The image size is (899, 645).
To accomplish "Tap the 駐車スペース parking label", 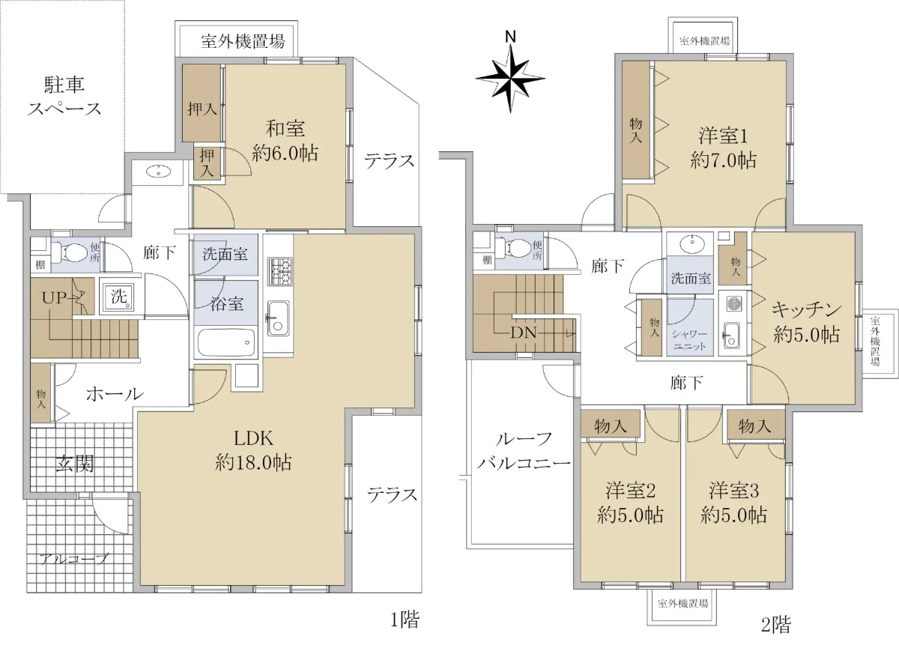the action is pyautogui.click(x=64, y=97).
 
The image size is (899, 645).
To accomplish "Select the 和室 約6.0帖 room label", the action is pyautogui.click(x=285, y=141).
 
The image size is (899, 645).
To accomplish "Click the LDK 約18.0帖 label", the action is pyautogui.click(x=253, y=451).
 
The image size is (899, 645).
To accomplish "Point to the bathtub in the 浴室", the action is pyautogui.click(x=227, y=343).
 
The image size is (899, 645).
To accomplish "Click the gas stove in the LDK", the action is pyautogui.click(x=280, y=271).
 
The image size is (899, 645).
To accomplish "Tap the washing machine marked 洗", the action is pyautogui.click(x=118, y=297).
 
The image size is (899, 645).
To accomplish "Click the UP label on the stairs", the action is pyautogui.click(x=54, y=298).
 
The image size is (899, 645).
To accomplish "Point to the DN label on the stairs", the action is pyautogui.click(x=524, y=333).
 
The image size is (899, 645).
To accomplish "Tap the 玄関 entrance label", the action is pyautogui.click(x=75, y=464).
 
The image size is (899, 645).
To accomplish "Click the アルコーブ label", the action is pyautogui.click(x=74, y=559).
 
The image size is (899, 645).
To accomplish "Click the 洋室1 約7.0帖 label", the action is pyautogui.click(x=723, y=148).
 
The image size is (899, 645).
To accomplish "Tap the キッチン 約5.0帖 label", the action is pyautogui.click(x=806, y=322).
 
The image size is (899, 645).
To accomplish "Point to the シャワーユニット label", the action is pyautogui.click(x=689, y=339).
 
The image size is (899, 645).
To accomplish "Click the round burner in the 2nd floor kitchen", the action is pyautogui.click(x=733, y=303).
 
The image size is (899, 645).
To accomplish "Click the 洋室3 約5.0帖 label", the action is pyautogui.click(x=733, y=503).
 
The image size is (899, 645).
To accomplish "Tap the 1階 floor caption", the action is pyautogui.click(x=405, y=620).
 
